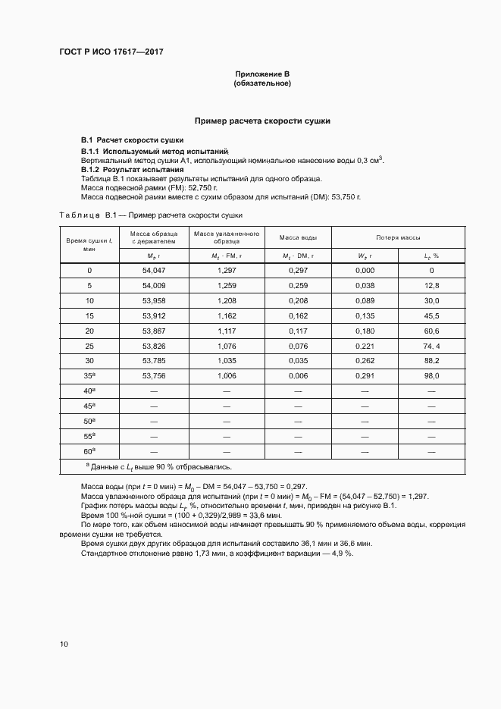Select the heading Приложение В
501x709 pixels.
pyautogui.click(x=262, y=74)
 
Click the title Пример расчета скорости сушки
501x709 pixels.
pyautogui.click(x=262, y=121)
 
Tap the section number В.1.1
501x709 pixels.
pyautogui.click(x=92, y=151)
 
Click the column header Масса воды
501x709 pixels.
pyautogui.click(x=293, y=238)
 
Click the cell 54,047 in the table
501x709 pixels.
pyautogui.click(x=153, y=271)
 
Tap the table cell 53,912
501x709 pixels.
pyautogui.click(x=153, y=315)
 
